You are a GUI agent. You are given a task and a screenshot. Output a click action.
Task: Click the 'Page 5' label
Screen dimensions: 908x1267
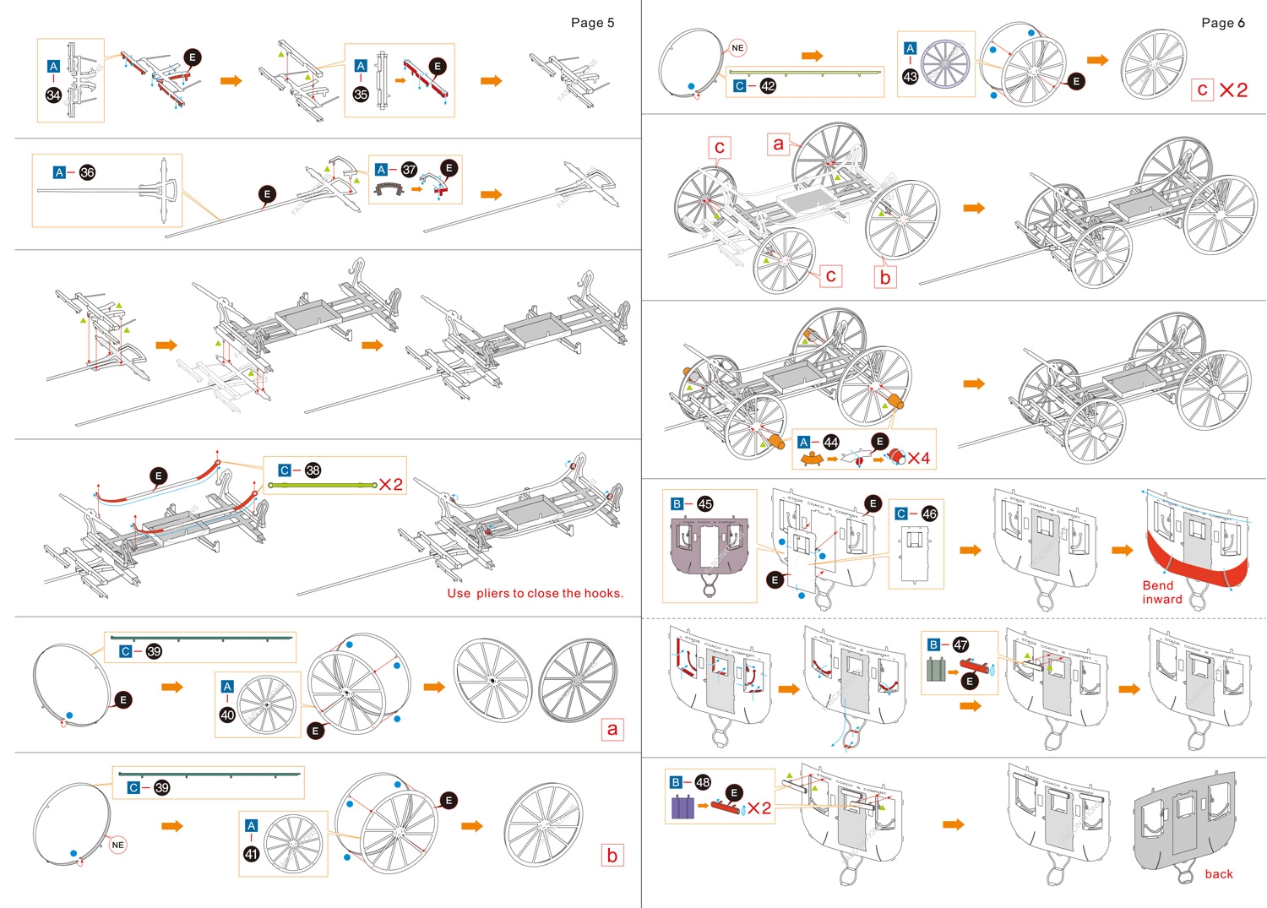pos(592,23)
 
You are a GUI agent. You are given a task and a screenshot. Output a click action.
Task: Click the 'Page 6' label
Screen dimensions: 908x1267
pos(1222,23)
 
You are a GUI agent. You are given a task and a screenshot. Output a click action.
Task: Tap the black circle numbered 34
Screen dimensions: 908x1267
pos(53,95)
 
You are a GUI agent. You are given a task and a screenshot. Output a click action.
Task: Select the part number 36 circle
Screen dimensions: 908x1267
pos(87,172)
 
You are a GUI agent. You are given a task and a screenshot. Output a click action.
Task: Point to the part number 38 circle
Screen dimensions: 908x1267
pos(313,470)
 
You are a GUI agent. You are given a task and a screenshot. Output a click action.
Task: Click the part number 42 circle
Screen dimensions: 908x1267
pos(768,85)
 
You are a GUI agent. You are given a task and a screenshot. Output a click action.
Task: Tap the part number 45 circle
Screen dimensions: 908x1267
pos(704,504)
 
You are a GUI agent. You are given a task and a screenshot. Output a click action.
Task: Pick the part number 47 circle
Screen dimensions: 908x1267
pos(960,644)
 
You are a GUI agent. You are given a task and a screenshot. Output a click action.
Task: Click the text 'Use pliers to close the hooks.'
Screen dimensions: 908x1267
pos(535,593)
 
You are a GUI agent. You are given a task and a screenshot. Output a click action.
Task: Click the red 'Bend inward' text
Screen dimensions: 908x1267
pos(1162,592)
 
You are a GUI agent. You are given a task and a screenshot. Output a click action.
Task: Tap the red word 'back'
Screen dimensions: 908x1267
pos(1218,874)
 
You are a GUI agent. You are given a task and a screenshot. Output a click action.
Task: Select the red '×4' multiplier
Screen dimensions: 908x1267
pos(919,458)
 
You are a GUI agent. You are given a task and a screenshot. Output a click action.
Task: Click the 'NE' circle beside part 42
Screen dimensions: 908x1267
pos(737,48)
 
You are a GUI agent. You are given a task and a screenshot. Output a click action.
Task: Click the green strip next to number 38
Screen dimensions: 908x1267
pos(322,486)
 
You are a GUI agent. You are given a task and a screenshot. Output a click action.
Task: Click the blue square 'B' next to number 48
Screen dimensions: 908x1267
pos(676,782)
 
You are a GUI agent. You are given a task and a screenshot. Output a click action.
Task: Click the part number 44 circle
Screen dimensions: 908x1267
pos(831,442)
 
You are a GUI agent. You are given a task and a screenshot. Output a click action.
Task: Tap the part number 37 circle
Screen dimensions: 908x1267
pos(409,170)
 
